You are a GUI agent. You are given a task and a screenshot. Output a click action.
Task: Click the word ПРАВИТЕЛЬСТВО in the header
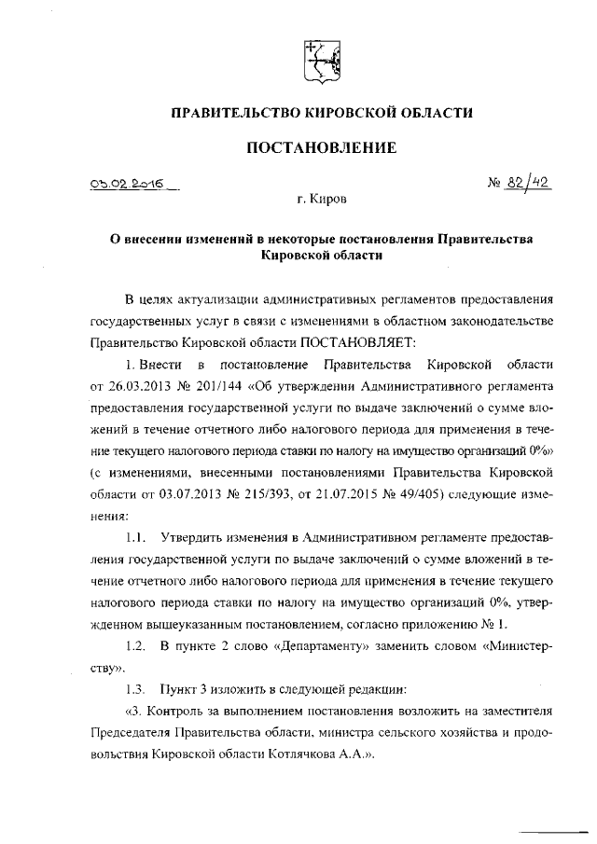[232, 113]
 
